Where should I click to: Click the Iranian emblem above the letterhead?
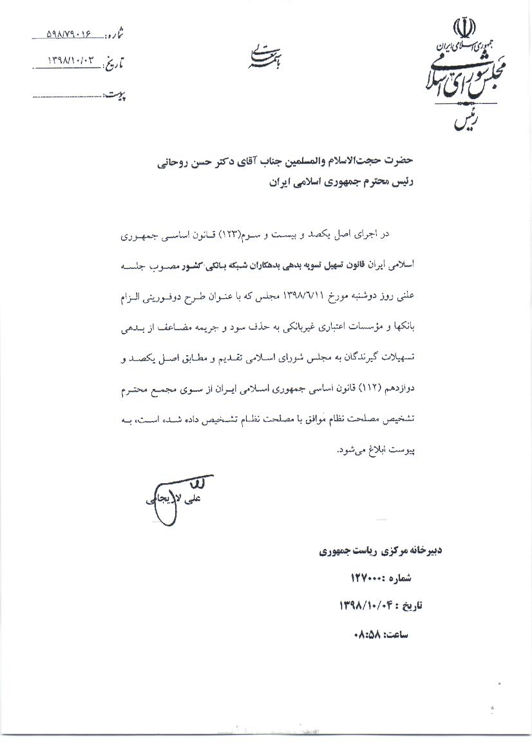click(465, 28)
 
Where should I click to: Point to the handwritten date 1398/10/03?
click(75, 61)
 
